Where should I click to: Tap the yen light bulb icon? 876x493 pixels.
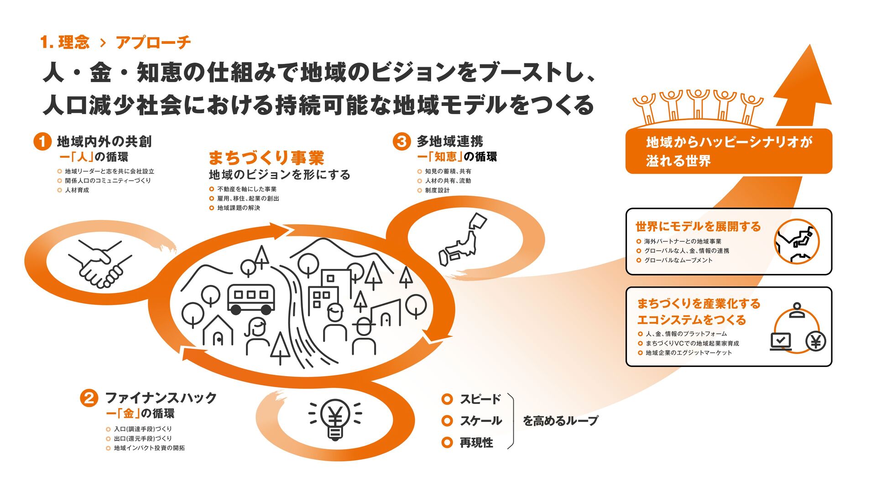pos(335,419)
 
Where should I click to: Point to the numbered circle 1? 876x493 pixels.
pos(42,142)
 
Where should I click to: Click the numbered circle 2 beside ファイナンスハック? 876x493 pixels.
pos(89,398)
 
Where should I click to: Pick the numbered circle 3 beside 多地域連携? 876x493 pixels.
pos(401,141)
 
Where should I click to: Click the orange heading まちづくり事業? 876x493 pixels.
pos(266,158)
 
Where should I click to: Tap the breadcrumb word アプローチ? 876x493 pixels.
pos(153,42)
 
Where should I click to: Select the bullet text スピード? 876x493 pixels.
pos(480,399)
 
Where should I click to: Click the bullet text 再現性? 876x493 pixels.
pos(476,443)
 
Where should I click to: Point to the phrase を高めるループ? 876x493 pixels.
pos(560,420)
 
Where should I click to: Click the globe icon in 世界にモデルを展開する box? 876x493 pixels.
pos(797,241)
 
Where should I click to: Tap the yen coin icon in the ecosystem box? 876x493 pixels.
pos(816,341)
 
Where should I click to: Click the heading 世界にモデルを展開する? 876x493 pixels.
pos(698,226)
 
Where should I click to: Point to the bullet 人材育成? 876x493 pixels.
pos(77,190)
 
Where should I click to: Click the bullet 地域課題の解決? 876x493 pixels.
pos(238,208)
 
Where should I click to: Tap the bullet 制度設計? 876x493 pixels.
pos(437,190)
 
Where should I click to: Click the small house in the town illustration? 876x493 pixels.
pos(218,331)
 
